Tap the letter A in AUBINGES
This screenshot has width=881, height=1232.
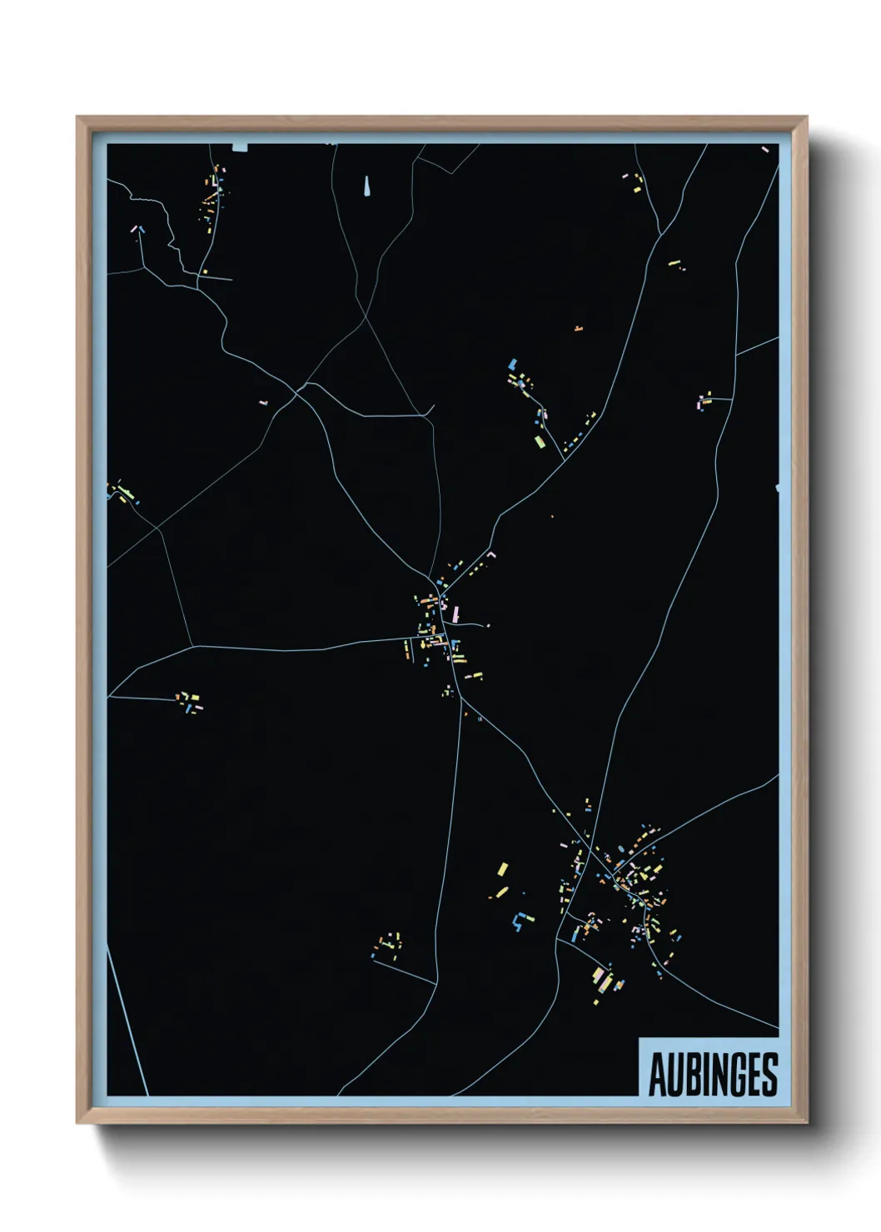(657, 1075)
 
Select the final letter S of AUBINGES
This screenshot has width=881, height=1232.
(769, 1075)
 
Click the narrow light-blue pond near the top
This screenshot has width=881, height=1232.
(366, 186)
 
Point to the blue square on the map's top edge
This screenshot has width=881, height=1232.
(241, 147)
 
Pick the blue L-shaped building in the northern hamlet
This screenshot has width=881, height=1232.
(513, 364)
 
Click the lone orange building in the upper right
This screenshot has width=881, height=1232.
(578, 329)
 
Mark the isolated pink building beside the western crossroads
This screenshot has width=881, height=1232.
(263, 402)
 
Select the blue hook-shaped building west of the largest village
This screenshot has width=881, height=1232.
(520, 922)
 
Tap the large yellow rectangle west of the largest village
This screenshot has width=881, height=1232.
(502, 869)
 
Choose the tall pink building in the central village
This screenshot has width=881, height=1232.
(455, 614)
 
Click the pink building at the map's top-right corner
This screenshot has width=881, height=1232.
(764, 150)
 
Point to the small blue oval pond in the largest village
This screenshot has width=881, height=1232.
(620, 849)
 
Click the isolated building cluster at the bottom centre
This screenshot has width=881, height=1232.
(388, 944)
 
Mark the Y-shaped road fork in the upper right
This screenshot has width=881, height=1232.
(660, 235)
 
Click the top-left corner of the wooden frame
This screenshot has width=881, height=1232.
(78, 118)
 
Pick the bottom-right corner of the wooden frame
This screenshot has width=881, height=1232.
(805, 1122)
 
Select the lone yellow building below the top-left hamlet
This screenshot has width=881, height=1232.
(205, 271)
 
